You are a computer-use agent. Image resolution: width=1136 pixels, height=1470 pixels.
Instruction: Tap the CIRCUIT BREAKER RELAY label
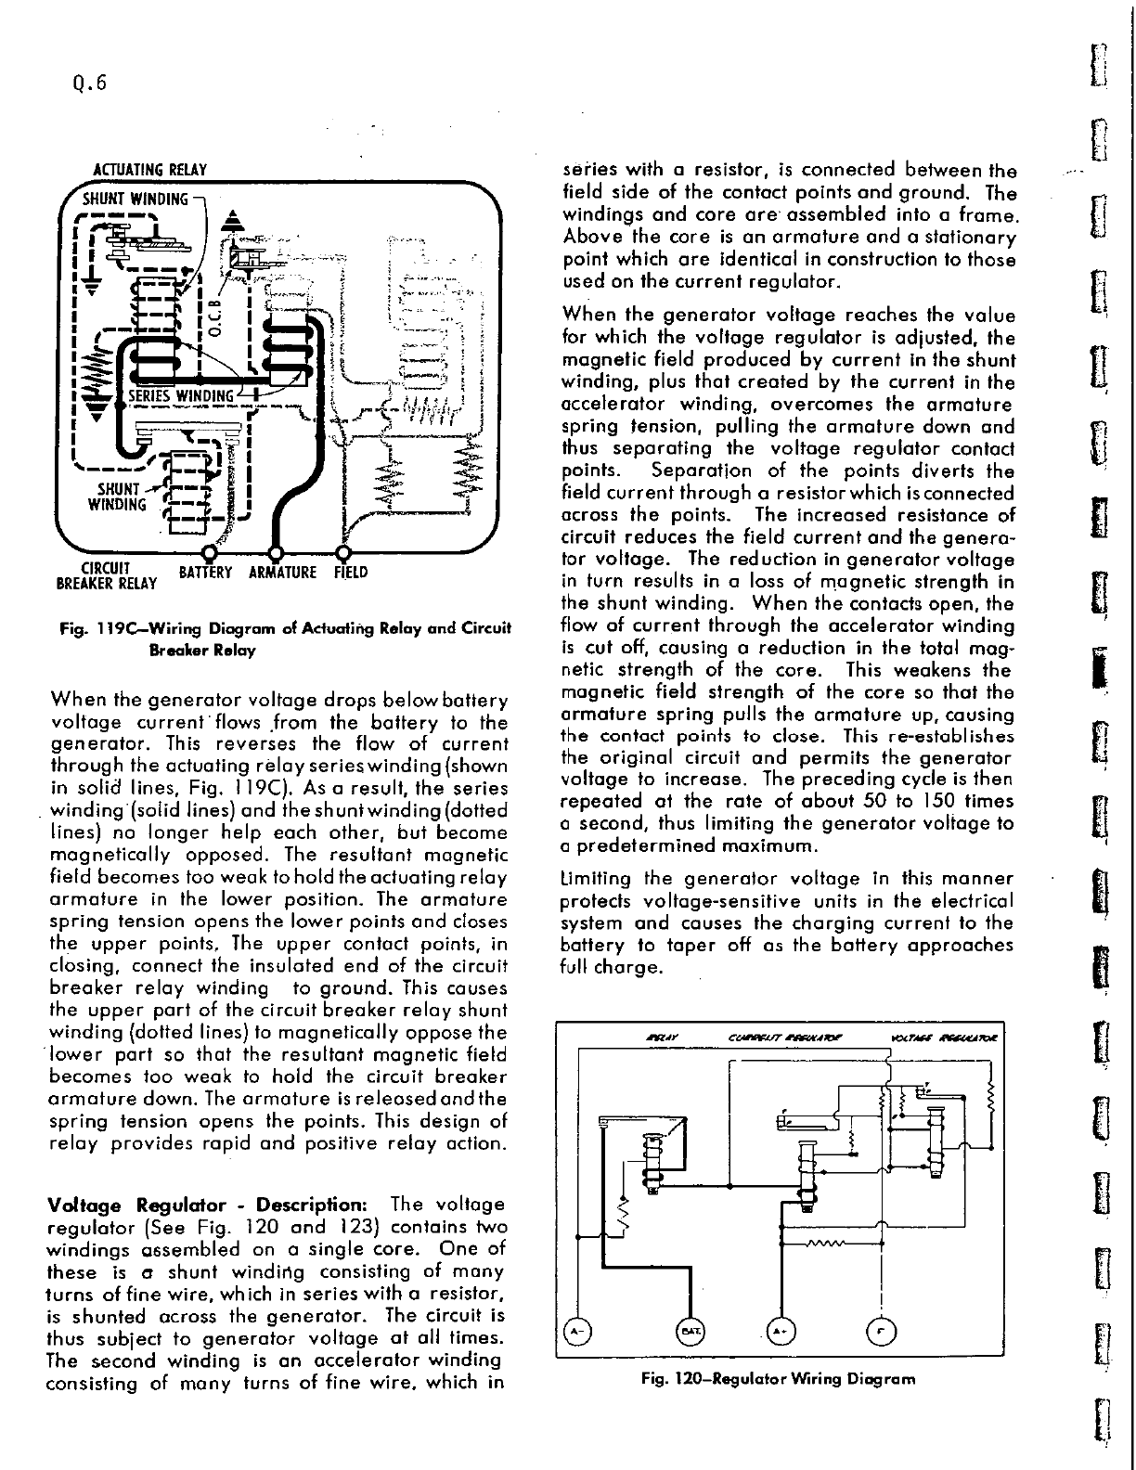105,576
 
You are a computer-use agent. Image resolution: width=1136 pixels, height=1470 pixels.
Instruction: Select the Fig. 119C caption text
285,638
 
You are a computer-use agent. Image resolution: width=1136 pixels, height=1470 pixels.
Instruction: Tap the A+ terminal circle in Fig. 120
781,1333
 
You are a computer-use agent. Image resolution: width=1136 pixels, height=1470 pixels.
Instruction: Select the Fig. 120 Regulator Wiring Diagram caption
778,1379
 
